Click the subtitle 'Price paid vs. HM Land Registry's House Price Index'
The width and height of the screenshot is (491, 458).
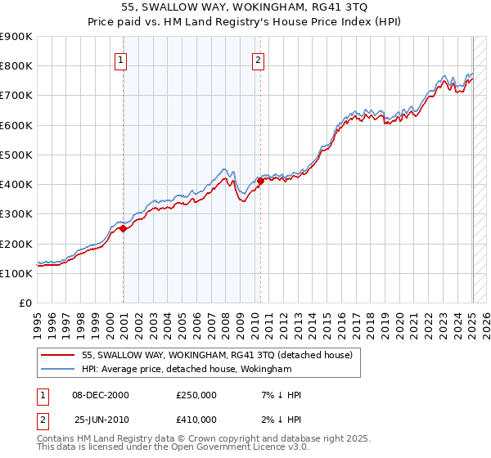[245, 23]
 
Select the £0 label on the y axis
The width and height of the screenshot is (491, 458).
[25, 303]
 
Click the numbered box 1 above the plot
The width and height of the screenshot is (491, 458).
[121, 59]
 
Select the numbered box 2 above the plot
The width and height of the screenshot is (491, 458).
[259, 59]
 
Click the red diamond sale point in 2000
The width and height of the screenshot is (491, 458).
[124, 229]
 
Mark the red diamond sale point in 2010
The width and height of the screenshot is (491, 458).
[260, 181]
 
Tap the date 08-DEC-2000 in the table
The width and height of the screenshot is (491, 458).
[101, 395]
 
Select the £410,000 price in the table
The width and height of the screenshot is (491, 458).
[196, 420]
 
